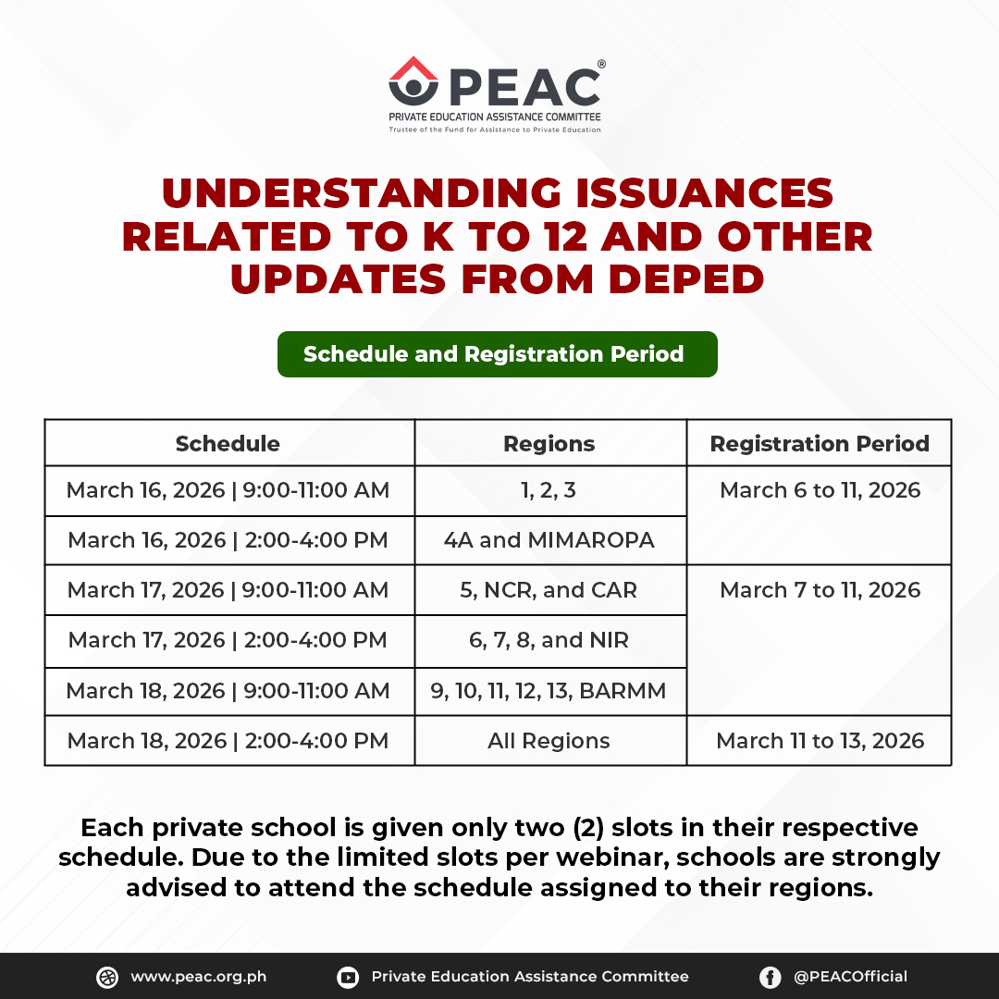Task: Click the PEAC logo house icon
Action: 413,81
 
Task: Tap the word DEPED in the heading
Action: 672,278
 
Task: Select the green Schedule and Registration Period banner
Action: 497,354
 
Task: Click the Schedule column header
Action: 228,443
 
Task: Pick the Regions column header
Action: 549,443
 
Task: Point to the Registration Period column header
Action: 820,443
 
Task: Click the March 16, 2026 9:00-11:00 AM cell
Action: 228,490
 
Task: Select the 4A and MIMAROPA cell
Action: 549,540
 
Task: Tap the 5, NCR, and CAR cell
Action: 549,590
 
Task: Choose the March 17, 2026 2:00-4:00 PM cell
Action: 228,640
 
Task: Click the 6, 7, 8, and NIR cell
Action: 549,640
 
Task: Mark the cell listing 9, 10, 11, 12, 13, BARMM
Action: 549,691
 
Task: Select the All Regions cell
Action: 549,741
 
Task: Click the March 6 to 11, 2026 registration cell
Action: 820,490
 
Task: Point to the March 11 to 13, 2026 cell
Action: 820,741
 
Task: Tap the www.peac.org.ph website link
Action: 198,977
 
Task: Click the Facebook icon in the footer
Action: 770,977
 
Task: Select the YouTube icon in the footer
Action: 348,977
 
